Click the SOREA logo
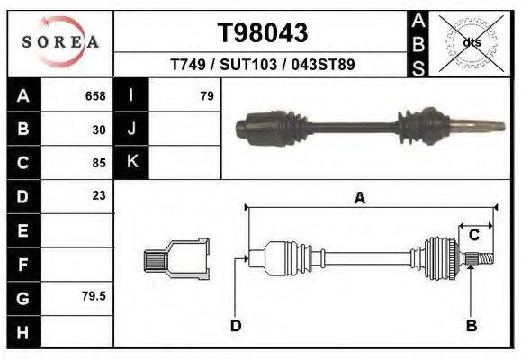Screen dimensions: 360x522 (x=60, y=42)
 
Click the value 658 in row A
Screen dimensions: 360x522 (x=95, y=96)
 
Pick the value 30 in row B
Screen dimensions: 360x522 (x=99, y=130)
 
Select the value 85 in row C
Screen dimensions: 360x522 (x=99, y=163)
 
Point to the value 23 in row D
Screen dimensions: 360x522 (x=99, y=195)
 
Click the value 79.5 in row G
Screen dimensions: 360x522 (x=94, y=295)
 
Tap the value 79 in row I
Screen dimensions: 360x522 (x=206, y=96)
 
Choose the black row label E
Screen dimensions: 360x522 (x=22, y=230)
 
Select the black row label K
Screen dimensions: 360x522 (x=131, y=162)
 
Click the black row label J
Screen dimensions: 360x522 (x=131, y=130)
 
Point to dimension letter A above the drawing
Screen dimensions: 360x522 (x=360, y=199)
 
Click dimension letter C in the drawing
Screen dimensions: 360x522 (x=473, y=235)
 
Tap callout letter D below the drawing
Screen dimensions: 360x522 (x=236, y=326)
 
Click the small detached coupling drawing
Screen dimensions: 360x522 (x=176, y=258)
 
